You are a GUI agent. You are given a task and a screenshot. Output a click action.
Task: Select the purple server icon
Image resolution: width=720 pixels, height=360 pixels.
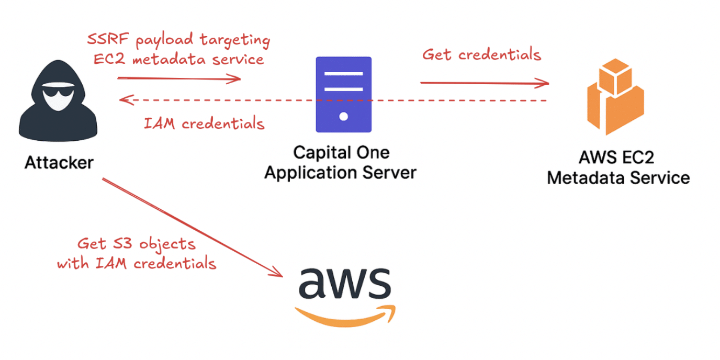point(343,94)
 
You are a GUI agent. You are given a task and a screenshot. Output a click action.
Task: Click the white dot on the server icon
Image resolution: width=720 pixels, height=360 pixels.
point(343,116)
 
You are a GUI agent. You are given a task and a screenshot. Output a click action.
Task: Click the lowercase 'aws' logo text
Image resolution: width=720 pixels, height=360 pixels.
point(344,283)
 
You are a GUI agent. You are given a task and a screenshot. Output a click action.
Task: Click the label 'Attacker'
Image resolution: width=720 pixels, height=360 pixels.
point(59,163)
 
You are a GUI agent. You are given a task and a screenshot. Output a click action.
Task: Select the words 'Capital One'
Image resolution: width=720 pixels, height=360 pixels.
point(341,153)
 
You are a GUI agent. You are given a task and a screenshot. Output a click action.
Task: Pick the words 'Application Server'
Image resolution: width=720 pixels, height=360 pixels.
point(341,172)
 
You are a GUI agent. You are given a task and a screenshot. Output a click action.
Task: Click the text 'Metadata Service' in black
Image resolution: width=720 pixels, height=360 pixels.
point(618,177)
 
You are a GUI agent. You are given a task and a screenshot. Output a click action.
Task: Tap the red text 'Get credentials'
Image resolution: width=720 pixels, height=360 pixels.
point(481,54)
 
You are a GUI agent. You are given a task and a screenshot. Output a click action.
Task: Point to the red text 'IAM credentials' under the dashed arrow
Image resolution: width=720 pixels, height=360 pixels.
point(204,124)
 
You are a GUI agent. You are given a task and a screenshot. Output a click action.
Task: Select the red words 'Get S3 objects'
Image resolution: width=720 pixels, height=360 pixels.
point(137,244)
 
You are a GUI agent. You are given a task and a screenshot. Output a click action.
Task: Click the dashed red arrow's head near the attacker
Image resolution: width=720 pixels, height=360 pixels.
point(122,99)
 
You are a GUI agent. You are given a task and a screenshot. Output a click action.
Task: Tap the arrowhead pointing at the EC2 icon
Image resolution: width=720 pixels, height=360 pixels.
point(546,83)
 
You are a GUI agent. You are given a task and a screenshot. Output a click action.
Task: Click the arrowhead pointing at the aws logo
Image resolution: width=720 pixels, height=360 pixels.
point(278,274)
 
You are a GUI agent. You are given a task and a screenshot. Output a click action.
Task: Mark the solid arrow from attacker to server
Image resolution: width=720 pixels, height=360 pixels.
point(178,78)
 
